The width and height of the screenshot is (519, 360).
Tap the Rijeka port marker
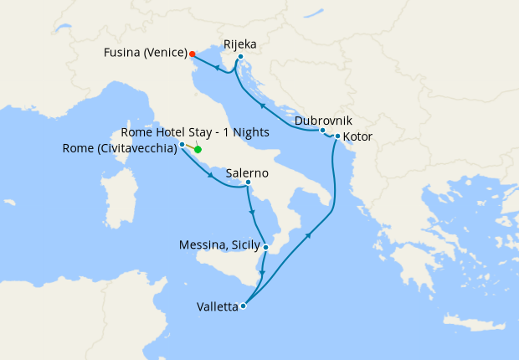[240, 57]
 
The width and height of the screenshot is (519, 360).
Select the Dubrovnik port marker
[322, 131]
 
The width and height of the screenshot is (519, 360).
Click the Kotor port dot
[337, 136]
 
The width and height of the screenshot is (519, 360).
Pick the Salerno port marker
[249, 182]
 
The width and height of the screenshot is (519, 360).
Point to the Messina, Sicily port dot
[265, 246]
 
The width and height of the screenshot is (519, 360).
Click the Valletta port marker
[243, 306]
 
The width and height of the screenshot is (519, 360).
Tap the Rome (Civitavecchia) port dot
[182, 144]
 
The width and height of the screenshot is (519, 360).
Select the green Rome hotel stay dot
[198, 149]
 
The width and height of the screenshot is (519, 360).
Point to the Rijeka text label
[240, 44]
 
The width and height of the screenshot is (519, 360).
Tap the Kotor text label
[357, 136]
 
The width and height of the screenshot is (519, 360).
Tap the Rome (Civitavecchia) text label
[119, 149]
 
